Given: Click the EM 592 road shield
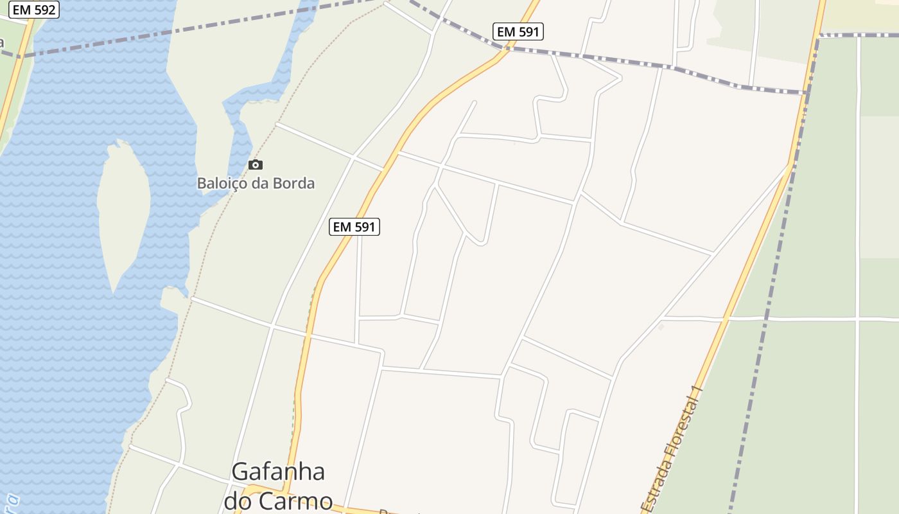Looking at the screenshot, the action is [34, 10].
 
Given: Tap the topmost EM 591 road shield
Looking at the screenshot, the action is [518, 31].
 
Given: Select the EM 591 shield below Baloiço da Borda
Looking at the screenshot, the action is [354, 227].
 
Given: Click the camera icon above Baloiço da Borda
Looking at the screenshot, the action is [256, 165].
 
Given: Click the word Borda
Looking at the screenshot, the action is [294, 183].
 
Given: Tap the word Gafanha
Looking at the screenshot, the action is [278, 472].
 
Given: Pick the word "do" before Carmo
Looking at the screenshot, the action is [238, 501].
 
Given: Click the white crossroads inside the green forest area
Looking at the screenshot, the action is [858, 318].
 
